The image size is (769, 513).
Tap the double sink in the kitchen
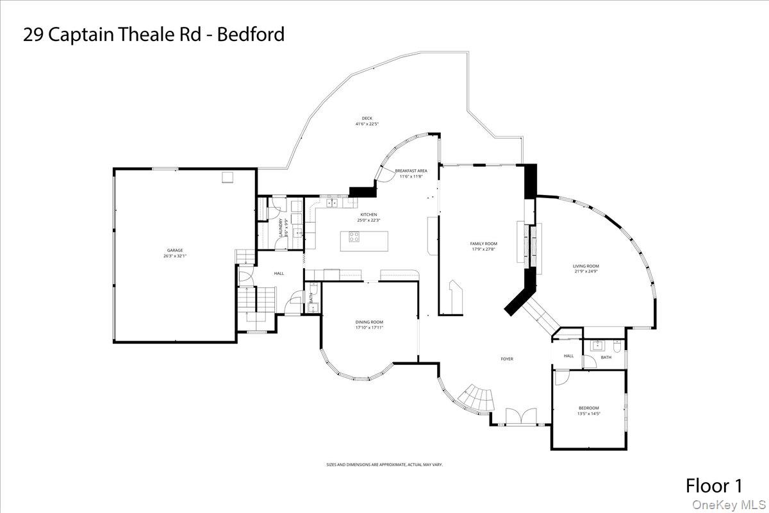tap(333, 203)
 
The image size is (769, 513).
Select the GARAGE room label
tap(175, 250)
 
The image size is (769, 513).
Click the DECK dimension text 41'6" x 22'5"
tap(367, 124)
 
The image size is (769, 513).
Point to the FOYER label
tap(507, 359)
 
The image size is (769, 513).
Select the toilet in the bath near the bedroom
tap(616, 346)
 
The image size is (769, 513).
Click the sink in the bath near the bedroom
tap(597, 344)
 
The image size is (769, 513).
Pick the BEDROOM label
tap(589, 408)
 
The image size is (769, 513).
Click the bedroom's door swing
tap(560, 378)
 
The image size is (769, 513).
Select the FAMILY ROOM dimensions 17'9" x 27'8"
tap(484, 249)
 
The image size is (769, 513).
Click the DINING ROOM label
tap(369, 322)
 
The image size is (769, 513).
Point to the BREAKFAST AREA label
tap(411, 171)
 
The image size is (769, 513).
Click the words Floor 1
tap(715, 485)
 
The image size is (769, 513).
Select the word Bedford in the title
tap(251, 34)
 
